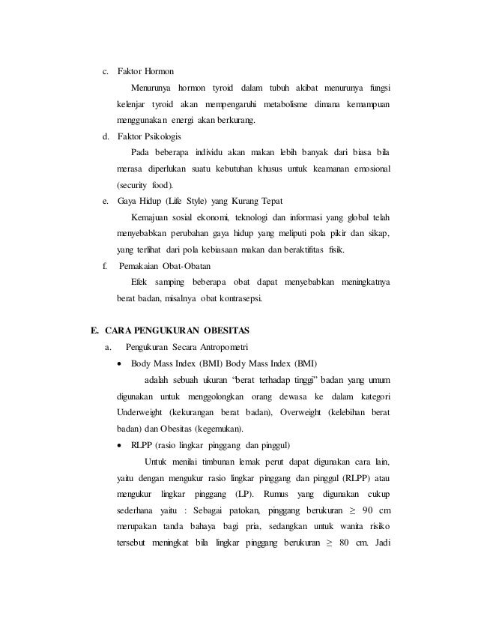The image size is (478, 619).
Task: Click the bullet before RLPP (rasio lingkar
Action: (121, 445)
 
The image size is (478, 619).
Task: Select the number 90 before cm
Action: (359, 510)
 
